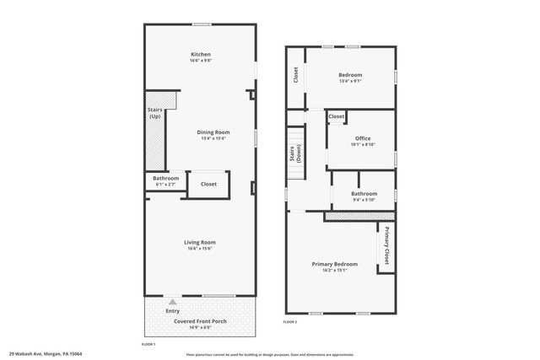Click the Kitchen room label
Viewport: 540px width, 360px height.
(x=200, y=55)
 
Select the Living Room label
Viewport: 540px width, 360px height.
(x=200, y=243)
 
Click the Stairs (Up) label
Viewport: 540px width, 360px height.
(x=155, y=113)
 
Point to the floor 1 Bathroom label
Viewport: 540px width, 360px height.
(x=165, y=178)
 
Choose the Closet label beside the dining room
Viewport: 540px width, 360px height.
(x=208, y=184)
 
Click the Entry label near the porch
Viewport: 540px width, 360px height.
(x=172, y=310)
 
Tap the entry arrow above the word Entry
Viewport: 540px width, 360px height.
(x=172, y=300)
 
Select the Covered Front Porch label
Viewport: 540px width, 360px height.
(x=199, y=321)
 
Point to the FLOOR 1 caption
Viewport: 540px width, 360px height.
(x=148, y=345)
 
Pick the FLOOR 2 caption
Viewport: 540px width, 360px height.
(x=290, y=321)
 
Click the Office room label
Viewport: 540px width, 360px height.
(x=363, y=138)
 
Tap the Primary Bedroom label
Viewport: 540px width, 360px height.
(x=335, y=264)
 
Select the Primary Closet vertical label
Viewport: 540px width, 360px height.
(x=387, y=244)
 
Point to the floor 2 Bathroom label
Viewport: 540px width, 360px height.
(x=364, y=194)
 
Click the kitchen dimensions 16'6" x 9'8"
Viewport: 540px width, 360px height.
(x=200, y=61)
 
